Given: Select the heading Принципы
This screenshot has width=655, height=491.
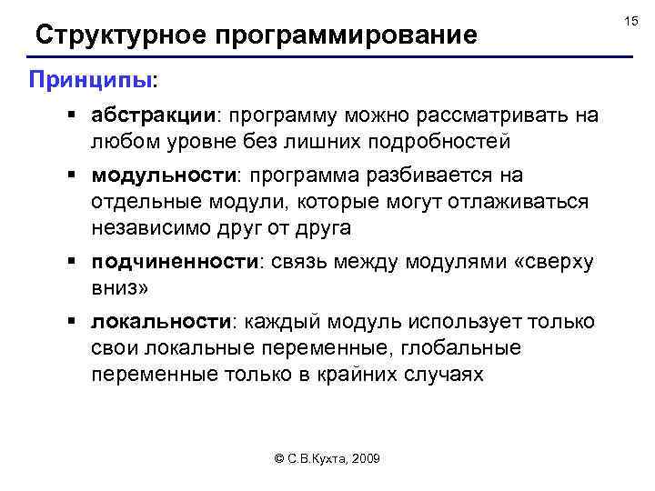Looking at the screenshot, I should point(89,80).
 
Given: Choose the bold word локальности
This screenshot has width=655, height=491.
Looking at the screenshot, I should point(160,322).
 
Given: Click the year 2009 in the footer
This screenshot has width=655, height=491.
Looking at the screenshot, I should point(365,459).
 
